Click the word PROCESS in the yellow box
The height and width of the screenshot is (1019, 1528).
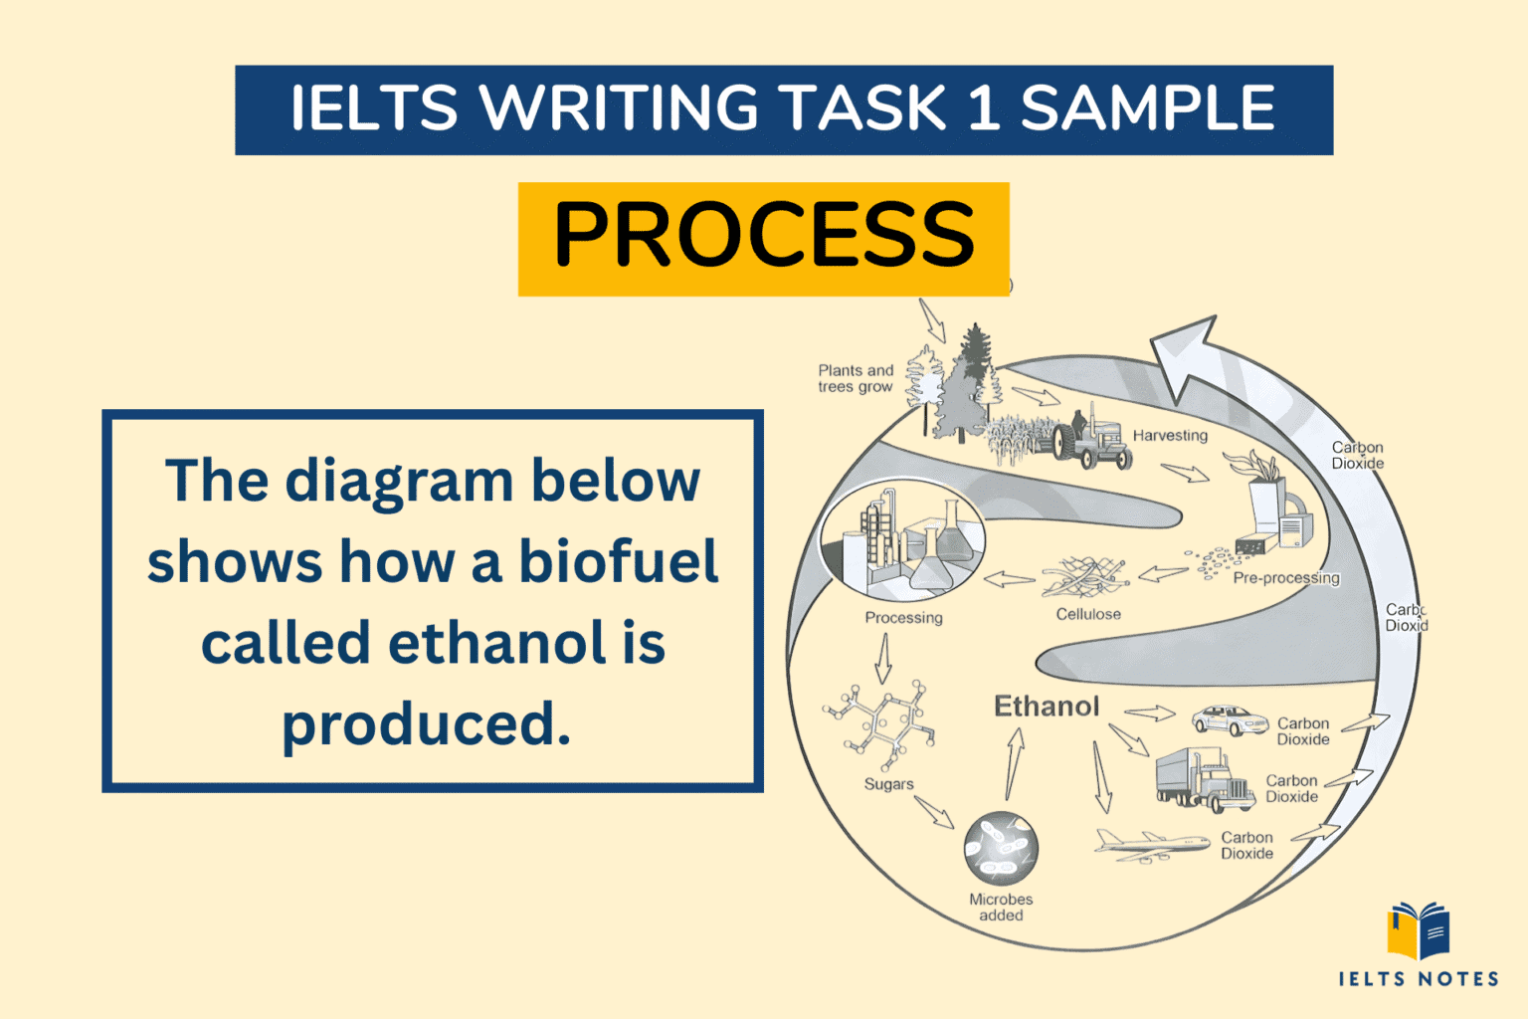pyautogui.click(x=763, y=236)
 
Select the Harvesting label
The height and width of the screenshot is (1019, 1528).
pyautogui.click(x=1170, y=436)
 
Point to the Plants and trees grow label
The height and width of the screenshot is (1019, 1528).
pyautogui.click(x=856, y=379)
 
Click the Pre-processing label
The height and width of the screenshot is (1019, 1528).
pyautogui.click(x=1285, y=578)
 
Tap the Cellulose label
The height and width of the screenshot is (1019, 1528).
pyautogui.click(x=1088, y=615)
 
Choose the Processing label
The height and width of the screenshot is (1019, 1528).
pyautogui.click(x=903, y=618)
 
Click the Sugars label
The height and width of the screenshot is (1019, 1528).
pyautogui.click(x=888, y=784)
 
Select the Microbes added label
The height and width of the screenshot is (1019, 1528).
pyautogui.click(x=1001, y=907)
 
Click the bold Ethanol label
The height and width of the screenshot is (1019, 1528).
pyautogui.click(x=1047, y=707)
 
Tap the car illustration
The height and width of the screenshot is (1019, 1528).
pyautogui.click(x=1231, y=719)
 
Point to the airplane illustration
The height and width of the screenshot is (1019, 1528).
pyautogui.click(x=1151, y=844)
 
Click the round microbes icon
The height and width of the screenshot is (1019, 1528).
pyautogui.click(x=1001, y=849)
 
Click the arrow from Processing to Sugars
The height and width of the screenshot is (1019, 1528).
pyautogui.click(x=882, y=659)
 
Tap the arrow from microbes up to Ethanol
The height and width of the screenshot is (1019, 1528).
pyautogui.click(x=1014, y=763)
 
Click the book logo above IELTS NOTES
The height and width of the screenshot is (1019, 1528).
pyautogui.click(x=1419, y=929)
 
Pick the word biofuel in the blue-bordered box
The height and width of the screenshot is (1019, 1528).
pyautogui.click(x=618, y=562)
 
